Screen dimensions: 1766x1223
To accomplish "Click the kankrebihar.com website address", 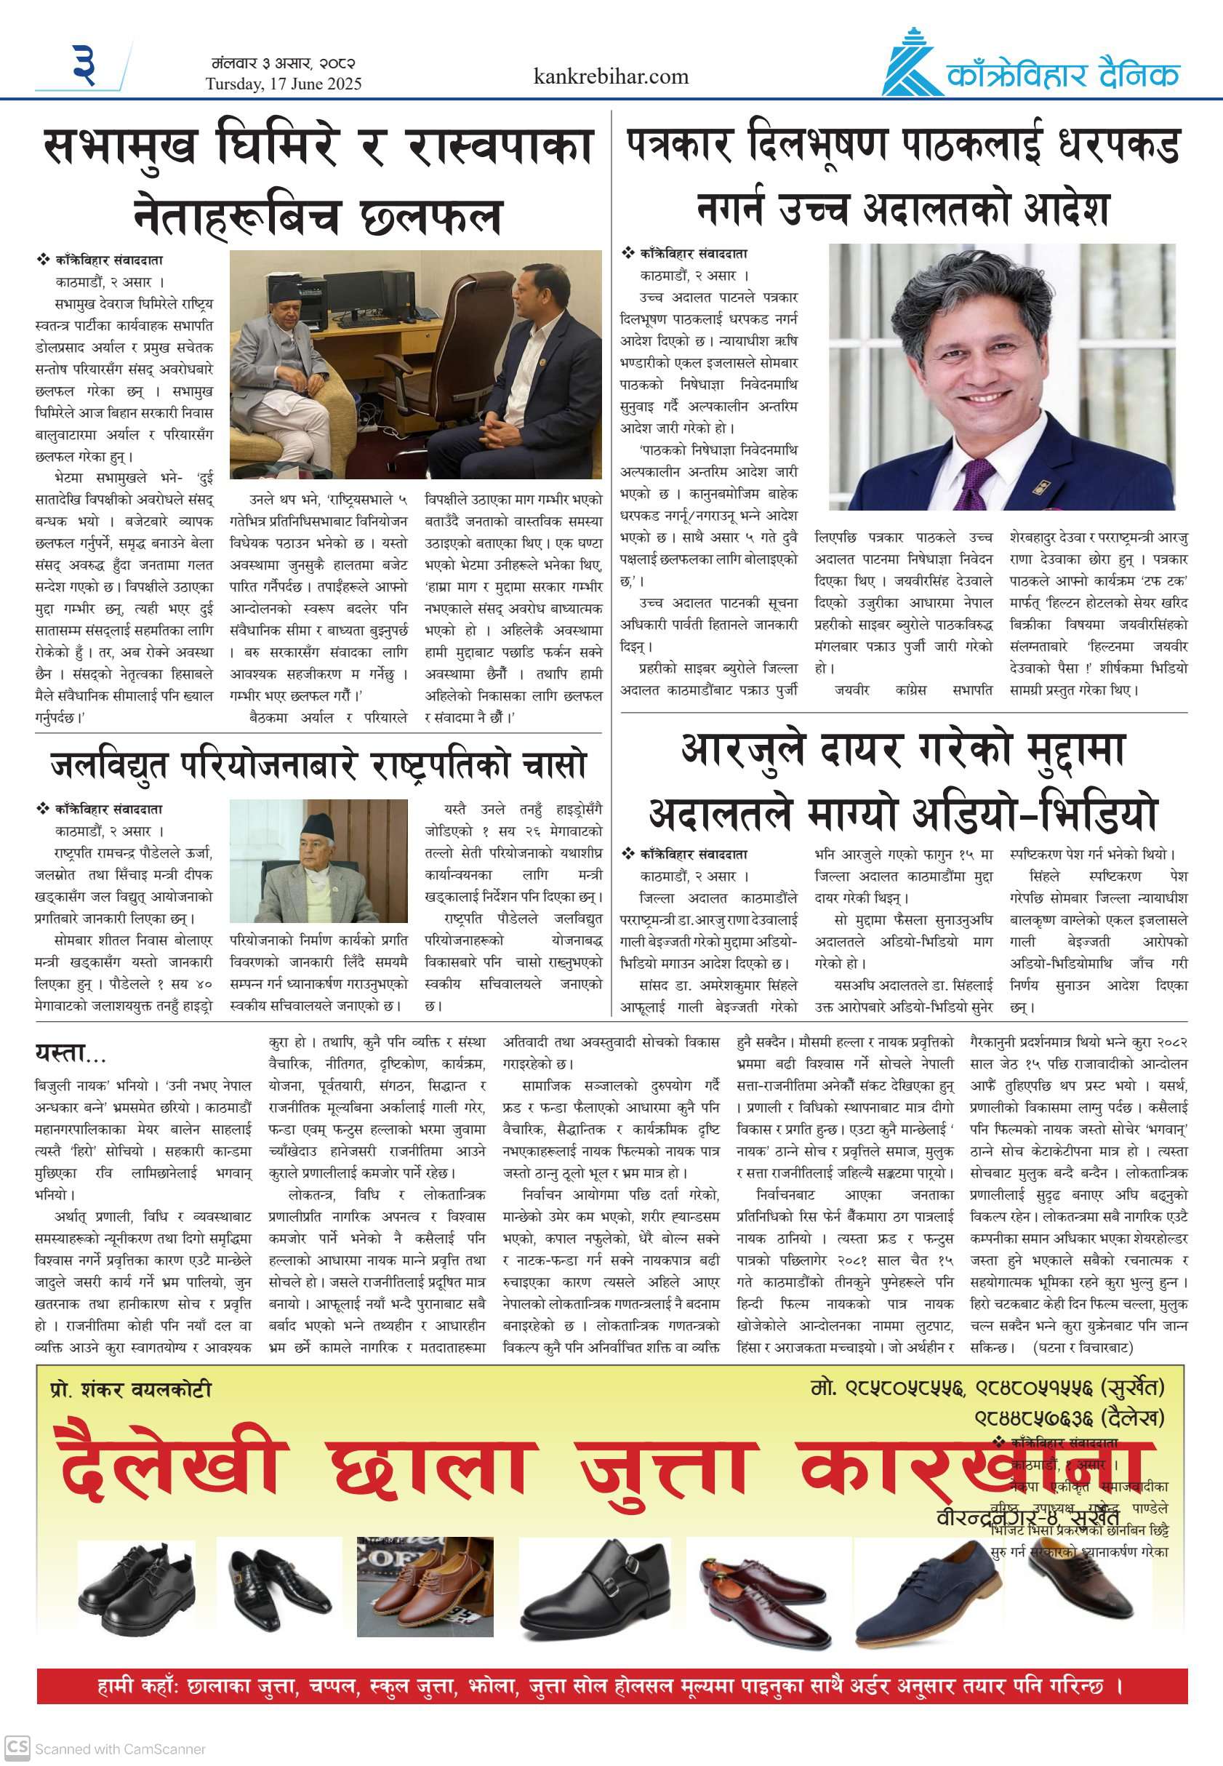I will [x=610, y=76].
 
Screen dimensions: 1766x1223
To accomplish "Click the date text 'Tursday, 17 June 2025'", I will [x=283, y=84].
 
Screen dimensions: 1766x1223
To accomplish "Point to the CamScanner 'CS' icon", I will [x=17, y=1747].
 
